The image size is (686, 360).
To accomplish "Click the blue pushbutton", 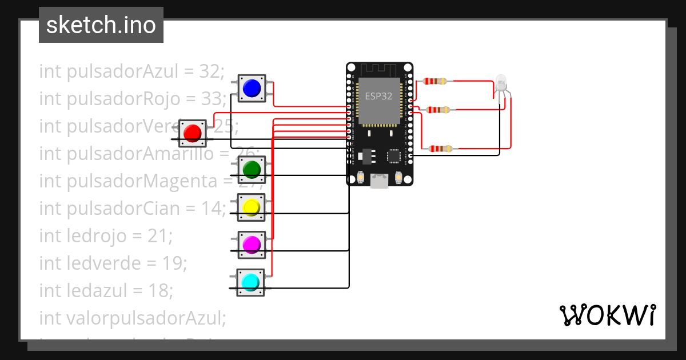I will pyautogui.click(x=252, y=88).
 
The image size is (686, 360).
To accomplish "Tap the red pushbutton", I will pyautogui.click(x=193, y=133).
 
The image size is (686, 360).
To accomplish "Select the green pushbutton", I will pyautogui.click(x=252, y=169).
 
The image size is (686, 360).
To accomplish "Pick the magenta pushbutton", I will pyautogui.click(x=252, y=245).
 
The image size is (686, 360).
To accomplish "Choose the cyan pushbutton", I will pyautogui.click(x=250, y=282).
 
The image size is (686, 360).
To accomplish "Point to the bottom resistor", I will pyautogui.click(x=440, y=149).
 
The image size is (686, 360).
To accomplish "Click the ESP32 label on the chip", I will pyautogui.click(x=378, y=96).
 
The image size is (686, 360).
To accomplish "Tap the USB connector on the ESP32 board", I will pyautogui.click(x=378, y=181).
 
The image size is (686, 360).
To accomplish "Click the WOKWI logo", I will pyautogui.click(x=607, y=315).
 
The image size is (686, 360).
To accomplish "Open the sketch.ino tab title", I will pyautogui.click(x=101, y=25).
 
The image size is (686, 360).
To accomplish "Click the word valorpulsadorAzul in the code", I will pyautogui.click(x=132, y=318).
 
